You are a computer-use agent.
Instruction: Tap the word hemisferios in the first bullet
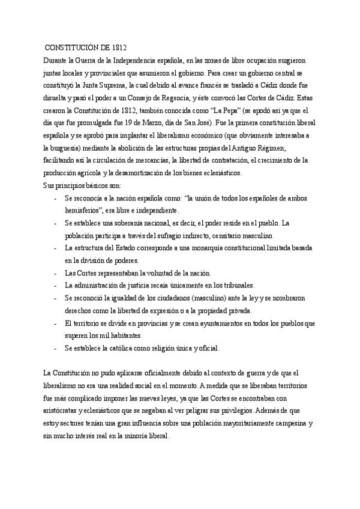coord(86,211)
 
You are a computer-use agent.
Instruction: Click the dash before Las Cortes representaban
coord(55,273)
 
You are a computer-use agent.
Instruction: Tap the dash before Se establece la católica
coord(55,348)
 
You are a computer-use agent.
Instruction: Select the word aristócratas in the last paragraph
coord(60,412)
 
